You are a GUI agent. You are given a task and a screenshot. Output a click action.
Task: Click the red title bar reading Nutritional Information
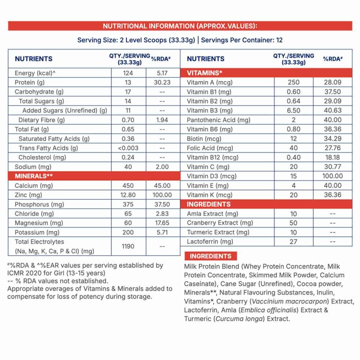[180, 26]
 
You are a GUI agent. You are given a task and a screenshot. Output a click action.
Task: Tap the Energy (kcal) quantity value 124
[128, 73]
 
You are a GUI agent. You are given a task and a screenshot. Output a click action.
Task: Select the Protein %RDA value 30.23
[162, 82]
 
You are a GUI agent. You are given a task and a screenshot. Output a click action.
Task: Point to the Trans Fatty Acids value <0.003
[128, 148]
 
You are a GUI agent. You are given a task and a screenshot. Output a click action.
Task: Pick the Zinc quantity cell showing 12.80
[128, 195]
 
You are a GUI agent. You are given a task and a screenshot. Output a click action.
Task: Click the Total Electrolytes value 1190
[128, 246]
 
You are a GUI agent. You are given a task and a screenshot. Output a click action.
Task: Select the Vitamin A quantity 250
[293, 82]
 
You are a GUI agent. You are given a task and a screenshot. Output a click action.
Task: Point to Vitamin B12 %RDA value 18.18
[332, 157]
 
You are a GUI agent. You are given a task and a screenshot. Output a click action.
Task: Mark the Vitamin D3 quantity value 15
[293, 176]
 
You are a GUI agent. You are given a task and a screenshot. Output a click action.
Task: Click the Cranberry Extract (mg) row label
[220, 223]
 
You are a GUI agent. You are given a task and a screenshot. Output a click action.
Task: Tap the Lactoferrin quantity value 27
[293, 242]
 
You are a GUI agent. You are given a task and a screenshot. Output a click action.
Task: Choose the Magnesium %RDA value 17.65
[162, 223]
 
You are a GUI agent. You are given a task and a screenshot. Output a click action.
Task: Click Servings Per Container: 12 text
[242, 40]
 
